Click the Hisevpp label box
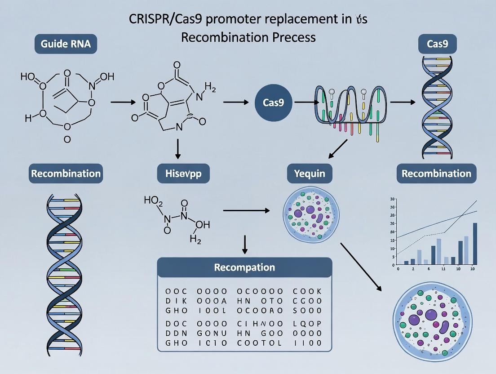coord(183,174)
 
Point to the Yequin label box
coord(310,174)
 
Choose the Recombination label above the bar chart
coord(436,174)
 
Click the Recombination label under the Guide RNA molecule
coord(66,174)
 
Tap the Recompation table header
coord(244,267)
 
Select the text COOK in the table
coord(307,291)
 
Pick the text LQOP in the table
coord(307,324)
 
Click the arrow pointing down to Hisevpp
coord(177,149)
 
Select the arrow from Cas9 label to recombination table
coord(244,244)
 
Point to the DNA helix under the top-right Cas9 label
coord(437,108)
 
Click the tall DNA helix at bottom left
coord(66,270)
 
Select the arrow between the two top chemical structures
coord(123,102)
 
